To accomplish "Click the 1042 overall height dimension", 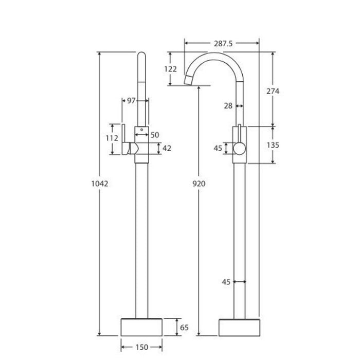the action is coord(100,184).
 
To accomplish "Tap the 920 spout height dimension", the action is coord(199,184).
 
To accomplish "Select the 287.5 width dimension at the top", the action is coord(223,43).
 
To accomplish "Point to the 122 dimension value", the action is coord(170,69).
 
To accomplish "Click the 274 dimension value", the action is coord(273,91).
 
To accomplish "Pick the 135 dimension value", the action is coord(273,145).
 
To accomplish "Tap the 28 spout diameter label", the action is coord(228,106).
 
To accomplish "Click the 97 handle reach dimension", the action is coord(131,101).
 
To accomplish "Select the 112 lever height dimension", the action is coord(112,138).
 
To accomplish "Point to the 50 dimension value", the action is coord(155,135).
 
